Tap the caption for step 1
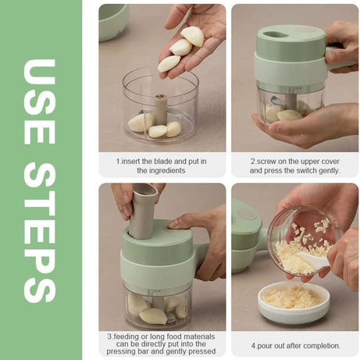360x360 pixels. tap(161, 165)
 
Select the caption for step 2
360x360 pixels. tap(295, 165)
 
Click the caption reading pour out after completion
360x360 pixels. tap(295, 345)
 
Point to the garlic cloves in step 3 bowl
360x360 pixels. tap(153, 308)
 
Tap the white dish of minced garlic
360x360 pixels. tap(294, 301)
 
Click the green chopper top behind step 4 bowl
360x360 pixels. tap(247, 234)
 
